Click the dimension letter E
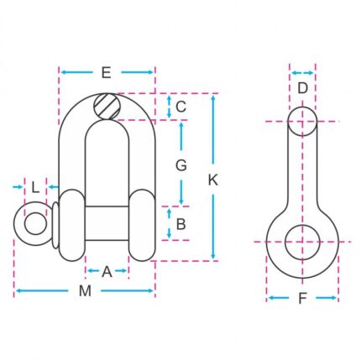[107, 73]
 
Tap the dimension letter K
[213, 180]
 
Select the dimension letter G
[181, 165]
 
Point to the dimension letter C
[180, 107]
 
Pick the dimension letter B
[181, 224]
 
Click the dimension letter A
[107, 272]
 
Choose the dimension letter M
[85, 291]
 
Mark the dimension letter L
[35, 187]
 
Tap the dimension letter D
[302, 88]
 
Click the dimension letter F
[302, 298]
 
